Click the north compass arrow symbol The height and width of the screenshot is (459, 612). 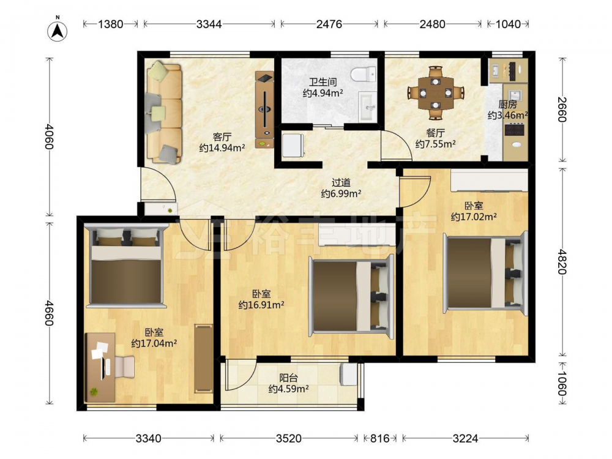pos(58,31)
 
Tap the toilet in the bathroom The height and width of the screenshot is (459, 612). pos(363,74)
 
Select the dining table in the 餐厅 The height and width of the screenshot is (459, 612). pos(436,93)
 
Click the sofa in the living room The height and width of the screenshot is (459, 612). pos(164,112)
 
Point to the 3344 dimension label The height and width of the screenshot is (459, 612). pos(209,24)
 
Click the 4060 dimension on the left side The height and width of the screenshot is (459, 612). pos(49,136)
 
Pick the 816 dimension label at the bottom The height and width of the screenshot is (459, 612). pos(380,438)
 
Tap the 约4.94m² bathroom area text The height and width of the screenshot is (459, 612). pos(323,93)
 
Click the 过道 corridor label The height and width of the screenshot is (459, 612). pos(341,182)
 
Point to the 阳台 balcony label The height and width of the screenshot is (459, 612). pos(288,378)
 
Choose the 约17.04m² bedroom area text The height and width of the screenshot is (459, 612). pos(154,343)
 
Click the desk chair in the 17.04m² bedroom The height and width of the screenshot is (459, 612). pos(125,367)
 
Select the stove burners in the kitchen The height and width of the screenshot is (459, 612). pos(515,129)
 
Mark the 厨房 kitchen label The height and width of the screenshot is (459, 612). pos(508,105)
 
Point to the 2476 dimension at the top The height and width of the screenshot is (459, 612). pos(329,24)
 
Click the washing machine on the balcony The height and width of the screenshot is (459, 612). pos(349,375)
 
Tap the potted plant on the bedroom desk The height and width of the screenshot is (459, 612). pos(94,392)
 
